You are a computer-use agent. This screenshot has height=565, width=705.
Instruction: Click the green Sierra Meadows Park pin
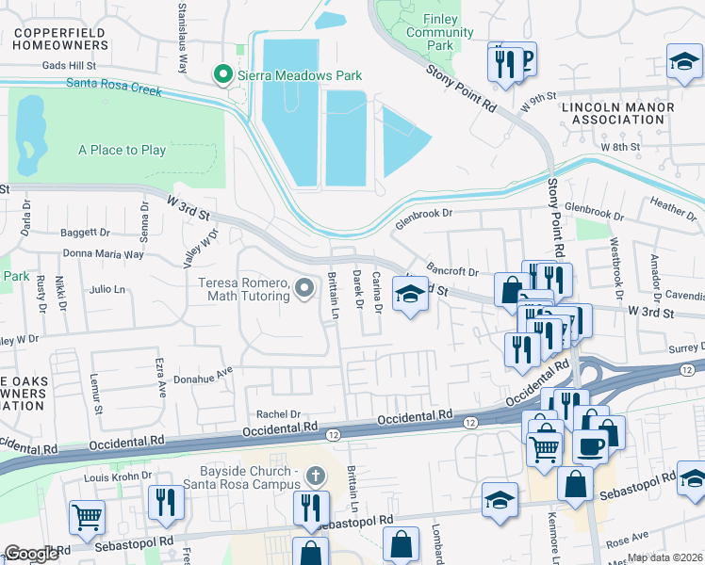pyautogui.click(x=223, y=73)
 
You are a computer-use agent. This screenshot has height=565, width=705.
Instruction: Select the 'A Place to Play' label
pyautogui.click(x=122, y=150)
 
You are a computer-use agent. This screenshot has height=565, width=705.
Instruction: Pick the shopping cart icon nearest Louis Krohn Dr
pyautogui.click(x=87, y=515)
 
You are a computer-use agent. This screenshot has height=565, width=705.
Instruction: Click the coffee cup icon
pyautogui.click(x=590, y=446)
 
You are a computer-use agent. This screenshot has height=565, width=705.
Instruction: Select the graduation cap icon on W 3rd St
pyautogui.click(x=409, y=299)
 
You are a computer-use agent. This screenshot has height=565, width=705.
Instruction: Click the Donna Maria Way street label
pyautogui.click(x=103, y=254)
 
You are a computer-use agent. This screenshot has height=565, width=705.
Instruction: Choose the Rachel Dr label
pyautogui.click(x=278, y=414)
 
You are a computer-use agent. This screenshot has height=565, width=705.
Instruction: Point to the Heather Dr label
pyautogui.click(x=672, y=203)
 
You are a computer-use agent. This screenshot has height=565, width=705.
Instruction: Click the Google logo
pyautogui.click(x=32, y=554)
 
